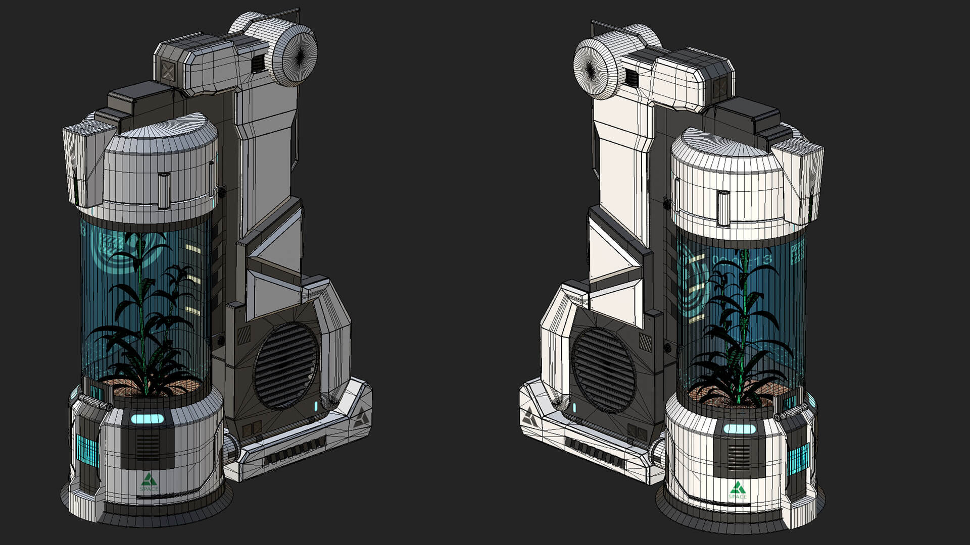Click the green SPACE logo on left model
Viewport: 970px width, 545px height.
149,481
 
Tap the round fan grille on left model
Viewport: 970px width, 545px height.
286,365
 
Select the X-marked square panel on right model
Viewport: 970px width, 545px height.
719,89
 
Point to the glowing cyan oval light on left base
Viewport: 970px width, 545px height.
148,418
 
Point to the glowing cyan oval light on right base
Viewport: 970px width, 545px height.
739,429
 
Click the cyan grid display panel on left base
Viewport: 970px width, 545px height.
87,451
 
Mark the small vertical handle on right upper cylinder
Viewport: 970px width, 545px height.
723,208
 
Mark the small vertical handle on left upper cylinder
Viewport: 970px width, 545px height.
164,190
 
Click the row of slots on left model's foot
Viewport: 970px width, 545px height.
295,451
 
